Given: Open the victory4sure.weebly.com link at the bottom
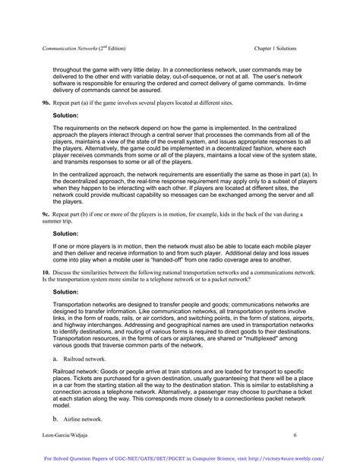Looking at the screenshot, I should [x=297, y=458].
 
